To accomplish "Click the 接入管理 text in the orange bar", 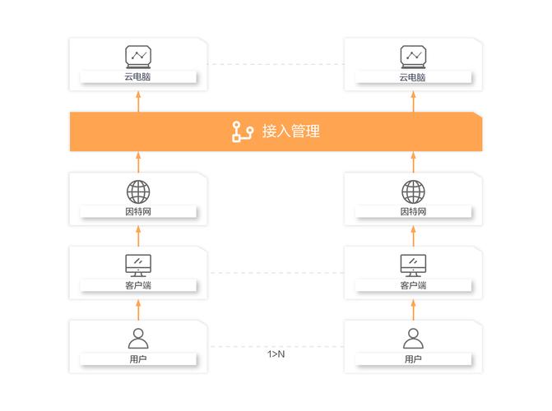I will [290, 131].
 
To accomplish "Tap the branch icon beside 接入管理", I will [242, 132].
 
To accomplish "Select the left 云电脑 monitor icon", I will [138, 56].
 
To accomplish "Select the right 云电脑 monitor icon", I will [413, 56].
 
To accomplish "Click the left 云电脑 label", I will [138, 77].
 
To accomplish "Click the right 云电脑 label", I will [413, 77].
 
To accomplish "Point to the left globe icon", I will [138, 192].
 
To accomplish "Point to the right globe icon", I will [413, 192].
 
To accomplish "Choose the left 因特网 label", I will [138, 211].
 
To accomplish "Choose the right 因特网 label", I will [413, 211].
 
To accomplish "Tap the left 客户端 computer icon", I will [138, 265].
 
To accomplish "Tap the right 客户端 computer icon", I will [413, 265].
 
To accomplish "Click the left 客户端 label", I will [138, 285].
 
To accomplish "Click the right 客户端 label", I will [413, 285].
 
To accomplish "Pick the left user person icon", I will [138, 338].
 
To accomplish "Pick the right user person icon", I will [413, 338].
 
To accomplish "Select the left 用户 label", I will [138, 359].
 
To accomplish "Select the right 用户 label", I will [413, 359].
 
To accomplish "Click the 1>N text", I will [276, 354].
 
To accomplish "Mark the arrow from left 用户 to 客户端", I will [138, 309].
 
